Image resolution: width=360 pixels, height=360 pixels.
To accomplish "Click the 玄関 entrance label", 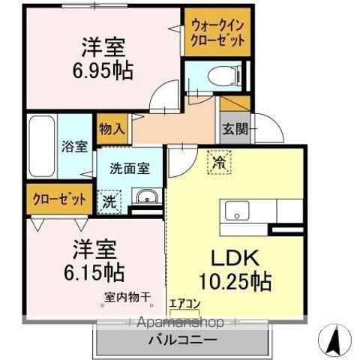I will [232, 128].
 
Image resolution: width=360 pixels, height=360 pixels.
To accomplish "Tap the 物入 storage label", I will [112, 129].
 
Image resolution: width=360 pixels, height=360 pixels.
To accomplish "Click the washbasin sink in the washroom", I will [145, 198].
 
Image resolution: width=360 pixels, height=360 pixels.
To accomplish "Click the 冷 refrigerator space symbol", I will [220, 162].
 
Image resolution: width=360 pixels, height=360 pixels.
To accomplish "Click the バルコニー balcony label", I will [182, 340].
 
